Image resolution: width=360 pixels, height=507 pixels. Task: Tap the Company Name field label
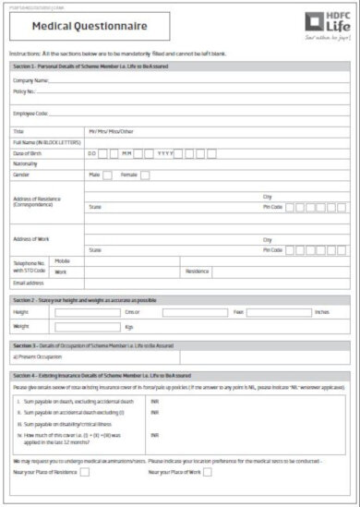pyautogui.click(x=30, y=81)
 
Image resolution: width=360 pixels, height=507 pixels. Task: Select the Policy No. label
pyautogui.click(x=25, y=92)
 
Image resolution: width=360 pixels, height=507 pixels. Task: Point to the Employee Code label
pyautogui.click(x=30, y=113)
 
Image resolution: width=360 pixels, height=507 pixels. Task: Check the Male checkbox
pyautogui.click(x=108, y=174)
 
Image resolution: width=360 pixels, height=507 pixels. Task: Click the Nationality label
pyautogui.click(x=25, y=163)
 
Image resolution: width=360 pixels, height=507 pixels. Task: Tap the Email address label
pyautogui.click(x=30, y=283)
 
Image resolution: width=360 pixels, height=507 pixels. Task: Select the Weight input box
pyautogui.click(x=88, y=327)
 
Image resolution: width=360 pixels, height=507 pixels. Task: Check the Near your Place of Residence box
pyautogui.click(x=85, y=472)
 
